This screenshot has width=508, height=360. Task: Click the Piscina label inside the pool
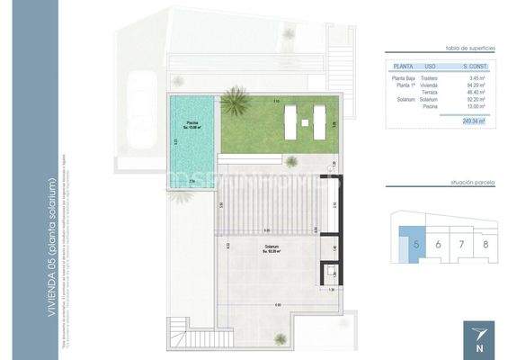tap(192, 123)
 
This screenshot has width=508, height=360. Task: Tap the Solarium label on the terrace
tap(271, 247)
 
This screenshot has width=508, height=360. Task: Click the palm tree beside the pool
tap(236, 102)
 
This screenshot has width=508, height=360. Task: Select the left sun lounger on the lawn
tap(291, 121)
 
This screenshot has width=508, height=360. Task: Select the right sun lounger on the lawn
tap(319, 121)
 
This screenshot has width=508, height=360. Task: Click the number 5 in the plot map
tap(415, 244)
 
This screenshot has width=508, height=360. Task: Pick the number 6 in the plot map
tap(437, 244)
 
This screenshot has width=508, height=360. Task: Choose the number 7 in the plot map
tap(460, 244)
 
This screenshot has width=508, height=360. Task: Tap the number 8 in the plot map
tap(485, 244)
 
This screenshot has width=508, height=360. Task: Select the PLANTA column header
tap(404, 67)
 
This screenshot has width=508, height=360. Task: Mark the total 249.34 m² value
tap(473, 120)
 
